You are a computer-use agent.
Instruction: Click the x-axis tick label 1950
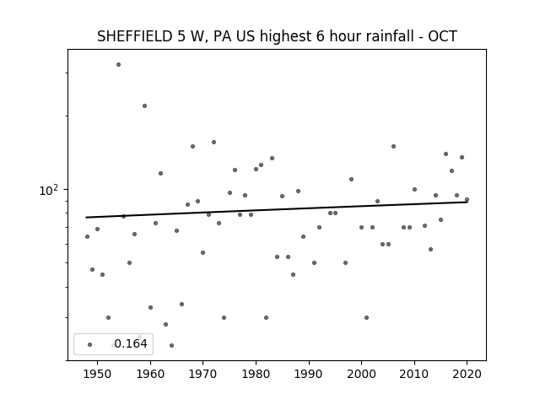98,375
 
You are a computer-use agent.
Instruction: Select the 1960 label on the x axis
150,375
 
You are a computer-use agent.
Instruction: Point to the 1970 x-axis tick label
203,375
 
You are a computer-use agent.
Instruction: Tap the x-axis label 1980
256,375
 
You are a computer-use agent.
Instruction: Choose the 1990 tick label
309,375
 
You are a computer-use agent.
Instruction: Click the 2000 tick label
362,375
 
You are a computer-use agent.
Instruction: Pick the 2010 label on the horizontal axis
414,375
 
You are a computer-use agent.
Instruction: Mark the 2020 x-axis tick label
467,375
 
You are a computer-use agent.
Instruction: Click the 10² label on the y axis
49,190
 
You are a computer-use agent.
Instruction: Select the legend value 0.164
131,343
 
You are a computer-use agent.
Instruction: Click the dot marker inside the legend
90,344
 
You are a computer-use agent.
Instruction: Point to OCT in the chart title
442,36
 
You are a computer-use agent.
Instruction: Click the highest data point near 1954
118,64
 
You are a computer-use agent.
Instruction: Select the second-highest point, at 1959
144,105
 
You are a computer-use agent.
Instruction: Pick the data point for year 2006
394,146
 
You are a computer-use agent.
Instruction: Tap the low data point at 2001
367,317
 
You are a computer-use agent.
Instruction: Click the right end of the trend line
467,202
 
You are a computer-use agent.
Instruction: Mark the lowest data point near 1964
171,345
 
